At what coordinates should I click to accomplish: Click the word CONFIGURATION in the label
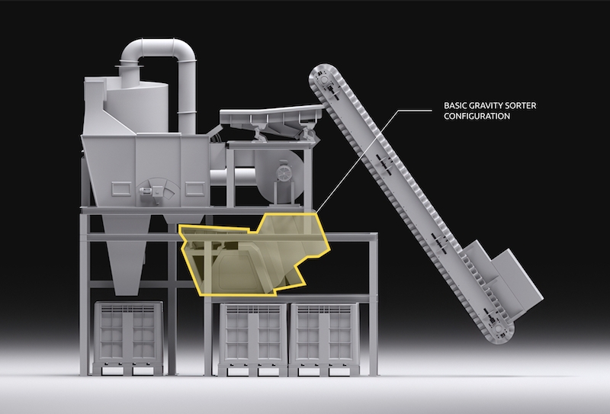click(477, 116)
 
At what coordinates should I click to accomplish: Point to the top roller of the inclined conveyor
click(323, 80)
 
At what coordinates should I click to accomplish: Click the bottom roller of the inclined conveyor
click(499, 329)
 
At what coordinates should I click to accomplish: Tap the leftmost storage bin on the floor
click(128, 338)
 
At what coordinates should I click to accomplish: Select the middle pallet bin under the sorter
click(253, 339)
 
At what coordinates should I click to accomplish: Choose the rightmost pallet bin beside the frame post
click(324, 339)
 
